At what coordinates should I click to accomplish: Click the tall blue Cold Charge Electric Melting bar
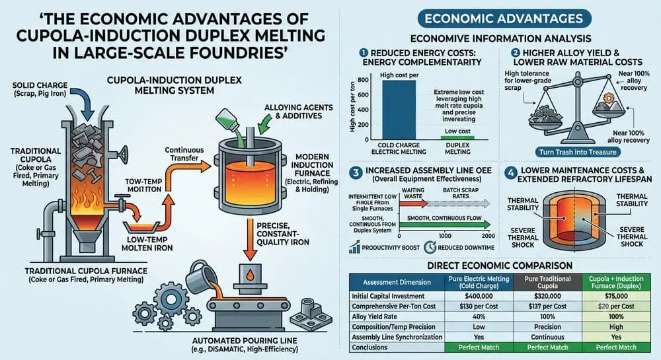pos(399,110)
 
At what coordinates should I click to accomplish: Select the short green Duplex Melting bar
pos(457,137)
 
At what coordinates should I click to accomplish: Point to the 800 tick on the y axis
pos(363,79)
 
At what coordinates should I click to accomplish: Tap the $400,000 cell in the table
pos(479,296)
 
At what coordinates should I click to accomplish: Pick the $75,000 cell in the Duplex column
pos(616,296)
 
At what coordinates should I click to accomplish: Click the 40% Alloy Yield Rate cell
pos(479,316)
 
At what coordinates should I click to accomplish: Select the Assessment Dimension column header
pos(397,282)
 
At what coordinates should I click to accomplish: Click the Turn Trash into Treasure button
pos(578,152)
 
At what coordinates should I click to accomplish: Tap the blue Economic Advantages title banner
pos(504,18)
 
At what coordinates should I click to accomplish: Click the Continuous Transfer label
pos(184,154)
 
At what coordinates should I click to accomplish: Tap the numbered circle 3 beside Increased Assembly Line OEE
pos(356,172)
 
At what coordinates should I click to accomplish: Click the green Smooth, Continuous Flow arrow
pos(445,225)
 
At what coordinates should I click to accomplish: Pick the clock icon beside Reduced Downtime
pos(430,247)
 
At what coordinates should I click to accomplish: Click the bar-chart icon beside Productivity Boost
pos(354,247)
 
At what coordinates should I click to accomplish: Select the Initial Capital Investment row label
pos(388,296)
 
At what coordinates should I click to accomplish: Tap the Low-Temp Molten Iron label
pos(147,243)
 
